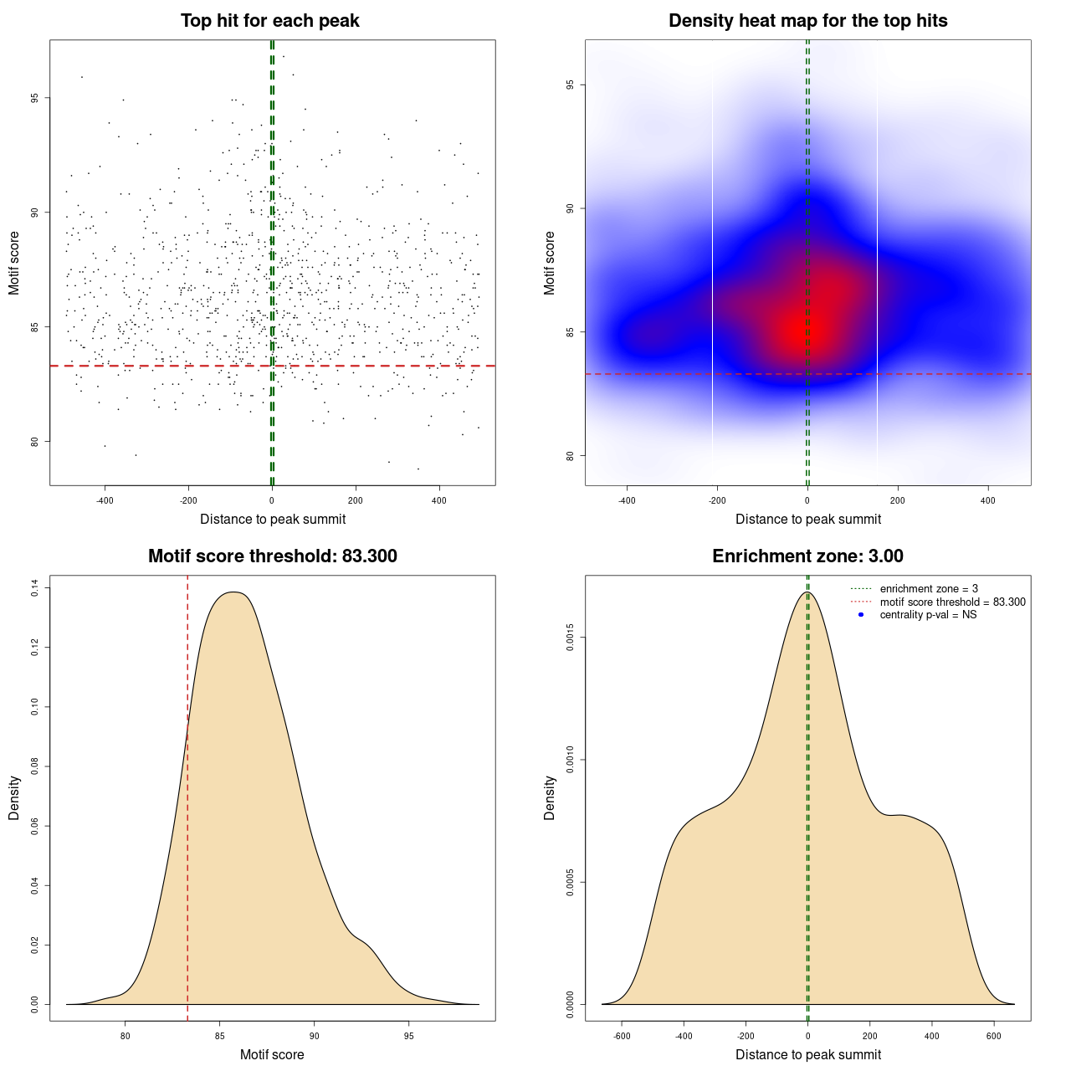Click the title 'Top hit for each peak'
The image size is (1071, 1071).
[x=269, y=21]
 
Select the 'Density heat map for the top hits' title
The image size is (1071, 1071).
[x=807, y=21]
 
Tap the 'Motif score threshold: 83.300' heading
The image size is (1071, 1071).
[x=272, y=556]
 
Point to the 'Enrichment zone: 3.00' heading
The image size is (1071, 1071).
[x=807, y=556]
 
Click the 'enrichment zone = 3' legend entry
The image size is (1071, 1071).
[x=929, y=589]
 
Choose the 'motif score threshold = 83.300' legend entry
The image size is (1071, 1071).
[x=952, y=602]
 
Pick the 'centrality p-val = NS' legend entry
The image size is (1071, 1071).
[x=928, y=615]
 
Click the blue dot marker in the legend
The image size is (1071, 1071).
[x=860, y=615]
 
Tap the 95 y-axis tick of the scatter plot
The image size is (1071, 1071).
[x=35, y=98]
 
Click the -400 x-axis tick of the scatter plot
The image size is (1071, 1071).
[x=105, y=500]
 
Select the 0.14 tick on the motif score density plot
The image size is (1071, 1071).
[x=35, y=588]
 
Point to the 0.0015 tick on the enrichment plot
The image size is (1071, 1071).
[x=571, y=638]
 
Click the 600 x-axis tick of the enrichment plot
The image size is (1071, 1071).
[x=994, y=1036]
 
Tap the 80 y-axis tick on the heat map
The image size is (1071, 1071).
[x=571, y=456]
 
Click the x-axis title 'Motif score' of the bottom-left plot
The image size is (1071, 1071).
[x=272, y=1054]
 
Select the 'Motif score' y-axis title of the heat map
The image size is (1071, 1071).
[x=550, y=263]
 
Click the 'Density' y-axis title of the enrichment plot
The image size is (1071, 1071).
[x=550, y=797]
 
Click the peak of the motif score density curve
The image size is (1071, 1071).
[x=236, y=592]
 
